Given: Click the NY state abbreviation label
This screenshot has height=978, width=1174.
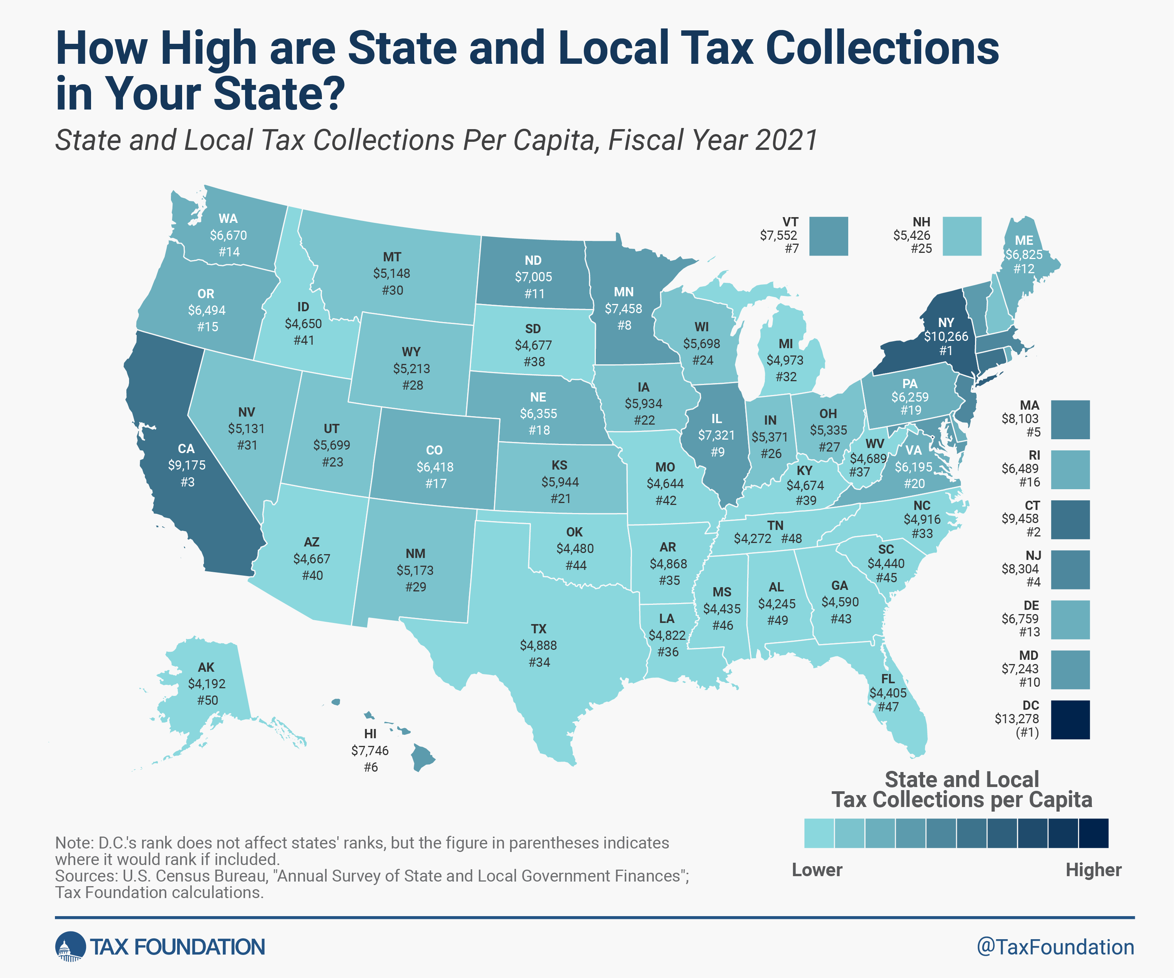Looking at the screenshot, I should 946,323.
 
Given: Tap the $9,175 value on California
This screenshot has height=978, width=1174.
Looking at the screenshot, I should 187,465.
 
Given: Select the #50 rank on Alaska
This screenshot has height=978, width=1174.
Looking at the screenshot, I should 207,700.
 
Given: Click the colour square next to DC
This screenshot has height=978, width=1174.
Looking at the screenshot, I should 1070,720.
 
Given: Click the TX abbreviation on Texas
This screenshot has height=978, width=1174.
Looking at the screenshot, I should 538,629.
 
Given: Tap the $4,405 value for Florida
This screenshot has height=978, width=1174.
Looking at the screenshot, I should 888,693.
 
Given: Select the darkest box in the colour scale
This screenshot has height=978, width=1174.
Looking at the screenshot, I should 1093,833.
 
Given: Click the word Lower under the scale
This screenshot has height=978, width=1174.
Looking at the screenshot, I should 817,870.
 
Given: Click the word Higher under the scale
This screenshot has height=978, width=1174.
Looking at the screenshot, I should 1093,870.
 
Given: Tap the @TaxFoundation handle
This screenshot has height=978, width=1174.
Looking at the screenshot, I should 1055,947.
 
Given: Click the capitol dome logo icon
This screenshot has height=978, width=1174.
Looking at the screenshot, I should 70,947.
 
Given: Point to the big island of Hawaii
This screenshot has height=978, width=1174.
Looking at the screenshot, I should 422,759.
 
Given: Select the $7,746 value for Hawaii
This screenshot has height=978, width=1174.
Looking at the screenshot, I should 370,751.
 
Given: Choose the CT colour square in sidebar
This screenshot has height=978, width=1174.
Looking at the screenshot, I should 1070,520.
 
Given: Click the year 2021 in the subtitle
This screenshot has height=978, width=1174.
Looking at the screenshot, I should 787,140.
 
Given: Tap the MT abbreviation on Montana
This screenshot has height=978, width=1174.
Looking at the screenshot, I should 392,257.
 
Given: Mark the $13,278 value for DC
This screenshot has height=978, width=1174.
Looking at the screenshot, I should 1016,719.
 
